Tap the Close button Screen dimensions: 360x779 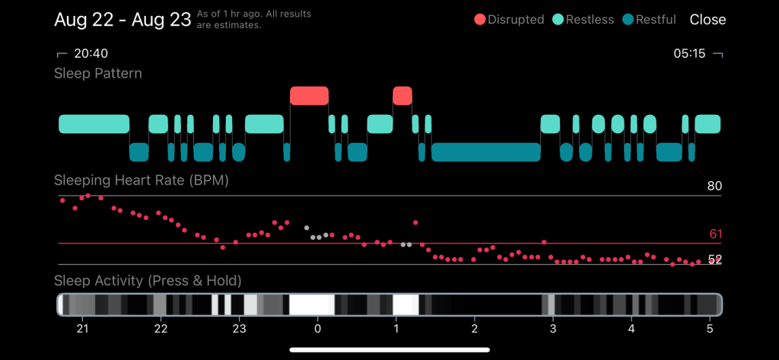tap(707, 20)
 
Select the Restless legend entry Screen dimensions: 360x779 tap(583, 20)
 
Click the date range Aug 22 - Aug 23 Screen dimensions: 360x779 tap(122, 20)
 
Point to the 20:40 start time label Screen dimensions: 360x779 tap(91, 54)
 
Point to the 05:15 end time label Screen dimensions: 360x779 tap(689, 54)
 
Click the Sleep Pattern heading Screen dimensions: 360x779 tap(98, 74)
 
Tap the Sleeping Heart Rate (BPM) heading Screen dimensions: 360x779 tap(141, 181)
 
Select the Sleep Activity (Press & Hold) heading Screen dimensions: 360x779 tap(148, 281)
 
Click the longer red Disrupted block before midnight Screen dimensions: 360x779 tap(309, 96)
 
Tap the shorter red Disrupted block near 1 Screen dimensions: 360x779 tap(402, 96)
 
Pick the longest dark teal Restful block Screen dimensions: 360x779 tap(485, 151)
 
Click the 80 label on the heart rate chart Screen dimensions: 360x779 tap(714, 186)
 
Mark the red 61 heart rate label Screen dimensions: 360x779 tap(714, 234)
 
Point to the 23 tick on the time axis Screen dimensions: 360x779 tap(239, 329)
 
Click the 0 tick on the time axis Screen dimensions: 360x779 tap(317, 329)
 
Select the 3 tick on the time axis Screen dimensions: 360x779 tap(553, 329)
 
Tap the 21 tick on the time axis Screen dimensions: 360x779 tap(82, 329)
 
